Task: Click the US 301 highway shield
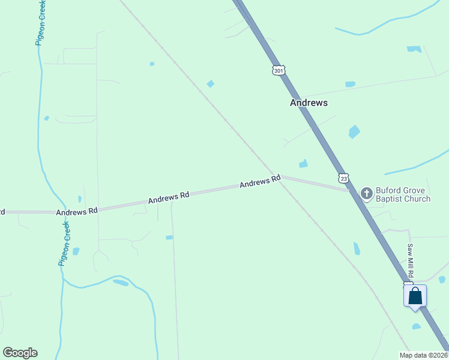coord(278,70)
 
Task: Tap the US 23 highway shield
coord(343,178)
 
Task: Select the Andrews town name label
coord(309,103)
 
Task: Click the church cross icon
coord(366,193)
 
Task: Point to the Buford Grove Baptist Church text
coord(403,195)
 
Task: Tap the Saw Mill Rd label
coord(410,260)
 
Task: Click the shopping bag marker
coord(415,296)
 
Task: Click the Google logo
coord(20,353)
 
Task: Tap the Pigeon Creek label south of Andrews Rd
coord(65,244)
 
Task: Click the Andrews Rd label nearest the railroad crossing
coord(260,181)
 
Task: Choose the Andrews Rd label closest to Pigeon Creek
coord(77,212)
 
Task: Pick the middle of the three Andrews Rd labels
coord(169,197)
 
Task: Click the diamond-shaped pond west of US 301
coord(211,83)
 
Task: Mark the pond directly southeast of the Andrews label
coord(354,131)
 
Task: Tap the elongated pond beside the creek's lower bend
coord(121,283)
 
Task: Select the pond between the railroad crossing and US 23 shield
coord(303,163)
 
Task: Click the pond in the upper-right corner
coord(414,49)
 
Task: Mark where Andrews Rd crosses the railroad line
coord(279,177)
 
